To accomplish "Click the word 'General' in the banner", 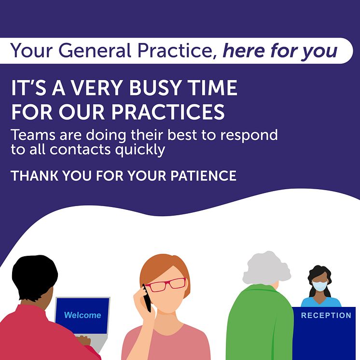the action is pyautogui.click(x=95, y=51).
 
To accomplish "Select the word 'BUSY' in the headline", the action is pyautogui.click(x=154, y=87).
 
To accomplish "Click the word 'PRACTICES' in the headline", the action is pyautogui.click(x=168, y=112).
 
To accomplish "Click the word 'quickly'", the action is pyautogui.click(x=140, y=150).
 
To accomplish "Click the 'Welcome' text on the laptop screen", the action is pyautogui.click(x=83, y=315).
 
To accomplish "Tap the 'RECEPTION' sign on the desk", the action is pyautogui.click(x=326, y=316).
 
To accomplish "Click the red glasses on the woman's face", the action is pyautogui.click(x=166, y=285).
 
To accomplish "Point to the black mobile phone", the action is pyautogui.click(x=147, y=298).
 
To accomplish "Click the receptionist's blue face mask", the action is pyautogui.click(x=320, y=286).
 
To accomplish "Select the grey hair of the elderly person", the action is pyautogui.click(x=266, y=268).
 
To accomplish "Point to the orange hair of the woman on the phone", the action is pyautogui.click(x=165, y=269).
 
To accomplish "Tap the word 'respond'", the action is pyautogui.click(x=249, y=136).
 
